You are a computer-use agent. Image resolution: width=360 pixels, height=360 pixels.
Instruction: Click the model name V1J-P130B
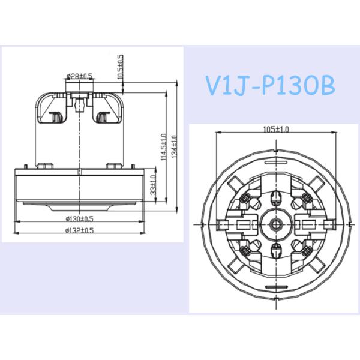(x=270, y=85)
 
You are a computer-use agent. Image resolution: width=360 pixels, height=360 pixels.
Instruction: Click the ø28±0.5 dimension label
(x=80, y=76)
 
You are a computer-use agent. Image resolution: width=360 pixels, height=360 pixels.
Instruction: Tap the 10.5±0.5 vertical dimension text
(x=120, y=67)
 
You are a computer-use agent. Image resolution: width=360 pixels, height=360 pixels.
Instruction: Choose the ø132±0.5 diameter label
(x=80, y=230)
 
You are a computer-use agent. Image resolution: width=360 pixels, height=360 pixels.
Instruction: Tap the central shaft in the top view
(x=276, y=223)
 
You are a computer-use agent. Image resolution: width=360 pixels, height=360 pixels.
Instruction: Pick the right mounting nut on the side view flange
(x=112, y=165)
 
